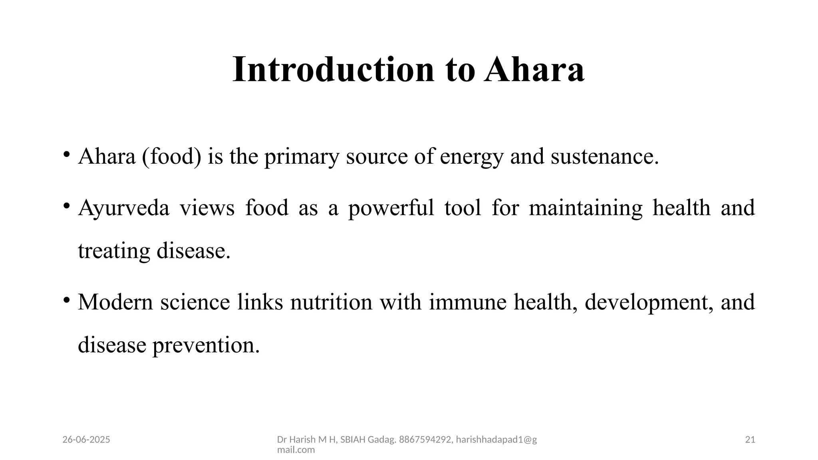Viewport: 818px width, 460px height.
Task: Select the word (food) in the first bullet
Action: [172, 156]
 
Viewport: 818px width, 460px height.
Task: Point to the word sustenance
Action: [604, 156]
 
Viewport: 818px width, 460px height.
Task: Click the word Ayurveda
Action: [124, 208]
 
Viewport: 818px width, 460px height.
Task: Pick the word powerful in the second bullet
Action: [391, 208]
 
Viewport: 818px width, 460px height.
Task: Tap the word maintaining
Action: [586, 208]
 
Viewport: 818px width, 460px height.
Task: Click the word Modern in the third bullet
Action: [115, 302]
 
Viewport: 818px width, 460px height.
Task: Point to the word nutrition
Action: [331, 302]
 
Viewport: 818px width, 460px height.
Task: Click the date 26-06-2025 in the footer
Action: [86, 440]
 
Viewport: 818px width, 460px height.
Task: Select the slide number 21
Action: [750, 440]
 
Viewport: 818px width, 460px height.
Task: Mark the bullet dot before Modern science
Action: [67, 299]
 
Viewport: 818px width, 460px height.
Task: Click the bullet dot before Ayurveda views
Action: [67, 206]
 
